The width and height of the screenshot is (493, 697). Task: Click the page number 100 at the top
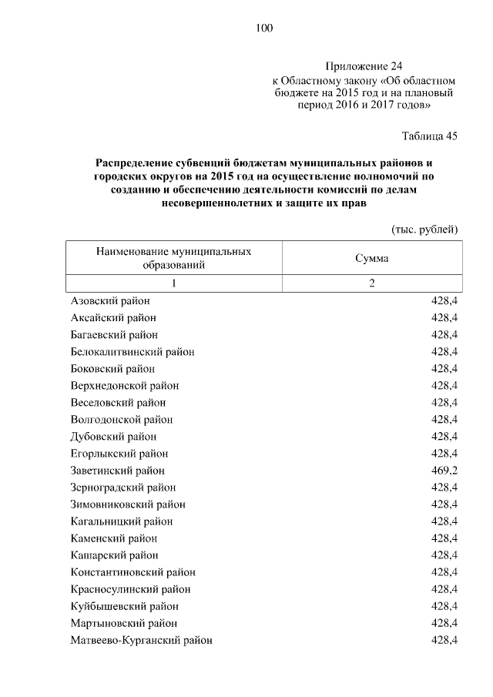pos(263,28)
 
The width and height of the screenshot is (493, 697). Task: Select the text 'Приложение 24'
pos(364,67)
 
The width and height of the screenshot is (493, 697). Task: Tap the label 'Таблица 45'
pos(430,136)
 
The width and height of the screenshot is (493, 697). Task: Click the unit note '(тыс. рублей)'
pos(425,230)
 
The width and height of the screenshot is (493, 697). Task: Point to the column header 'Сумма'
pos(371,258)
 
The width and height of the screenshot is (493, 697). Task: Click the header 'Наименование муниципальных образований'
pos(173,258)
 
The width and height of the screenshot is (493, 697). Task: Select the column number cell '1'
pos(174,283)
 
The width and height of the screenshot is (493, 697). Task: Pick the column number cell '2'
pos(371,283)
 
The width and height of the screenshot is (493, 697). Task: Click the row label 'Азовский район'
pos(109,301)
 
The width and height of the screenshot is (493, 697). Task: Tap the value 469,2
pos(444,470)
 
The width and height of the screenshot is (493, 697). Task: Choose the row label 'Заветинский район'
pos(117,470)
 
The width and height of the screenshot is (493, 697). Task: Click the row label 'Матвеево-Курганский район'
pos(141,640)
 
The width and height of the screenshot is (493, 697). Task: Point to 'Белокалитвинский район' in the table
pos(132,352)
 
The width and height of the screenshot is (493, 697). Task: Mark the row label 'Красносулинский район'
pos(130,589)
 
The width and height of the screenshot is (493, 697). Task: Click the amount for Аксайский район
pos(444,318)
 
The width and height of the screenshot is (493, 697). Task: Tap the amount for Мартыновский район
pos(444,623)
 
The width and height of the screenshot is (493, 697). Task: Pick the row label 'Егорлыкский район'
pos(119,454)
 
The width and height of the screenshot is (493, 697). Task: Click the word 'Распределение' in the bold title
pos(139,163)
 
